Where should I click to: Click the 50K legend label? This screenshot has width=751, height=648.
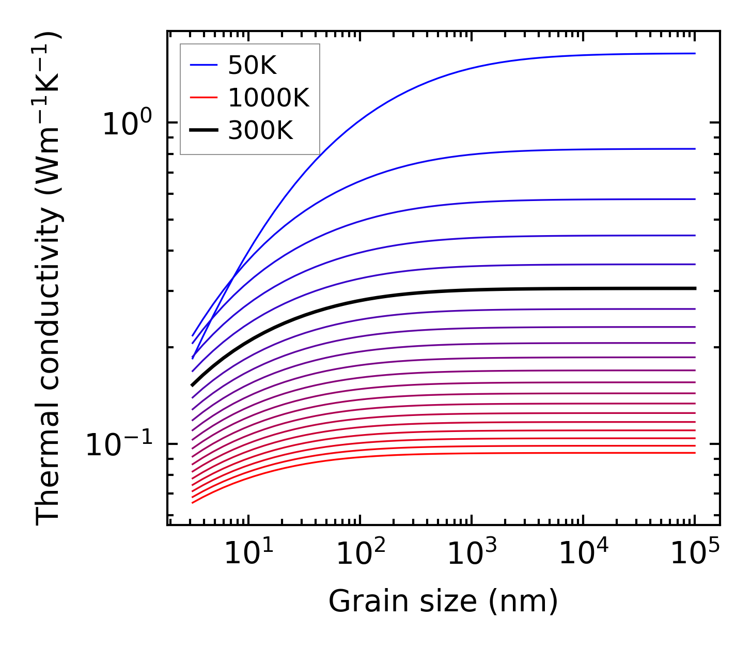252,65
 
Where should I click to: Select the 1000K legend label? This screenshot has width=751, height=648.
269,98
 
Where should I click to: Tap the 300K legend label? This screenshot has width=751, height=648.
260,131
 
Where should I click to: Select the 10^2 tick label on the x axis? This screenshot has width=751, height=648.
360,554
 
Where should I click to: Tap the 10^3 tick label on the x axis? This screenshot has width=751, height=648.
472,554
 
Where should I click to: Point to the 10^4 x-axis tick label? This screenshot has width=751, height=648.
584,554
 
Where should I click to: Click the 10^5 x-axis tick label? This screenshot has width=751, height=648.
695,554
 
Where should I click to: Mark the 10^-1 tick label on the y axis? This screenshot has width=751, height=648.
120,445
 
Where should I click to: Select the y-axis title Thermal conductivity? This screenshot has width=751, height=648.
49,279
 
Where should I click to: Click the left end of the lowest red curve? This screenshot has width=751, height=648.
193,502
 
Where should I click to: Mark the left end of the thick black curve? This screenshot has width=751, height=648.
193,384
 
